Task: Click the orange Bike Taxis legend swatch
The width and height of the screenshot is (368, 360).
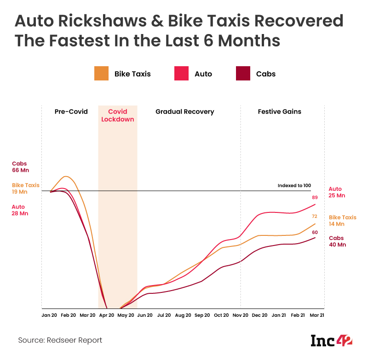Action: (x=101, y=74)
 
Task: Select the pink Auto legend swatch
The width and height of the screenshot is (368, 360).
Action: (x=181, y=74)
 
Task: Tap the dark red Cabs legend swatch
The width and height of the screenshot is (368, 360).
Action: (x=242, y=74)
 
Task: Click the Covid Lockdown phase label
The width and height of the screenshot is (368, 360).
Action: (x=118, y=115)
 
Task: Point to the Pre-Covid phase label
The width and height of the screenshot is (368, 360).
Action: (x=71, y=112)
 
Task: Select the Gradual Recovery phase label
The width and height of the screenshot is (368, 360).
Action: (x=184, y=112)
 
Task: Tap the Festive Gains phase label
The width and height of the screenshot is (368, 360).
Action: (x=279, y=112)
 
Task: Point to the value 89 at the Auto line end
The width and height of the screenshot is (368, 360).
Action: (x=315, y=197)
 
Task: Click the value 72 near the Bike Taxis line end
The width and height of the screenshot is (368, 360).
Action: (x=315, y=216)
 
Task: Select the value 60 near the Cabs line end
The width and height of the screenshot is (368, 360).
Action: (x=315, y=232)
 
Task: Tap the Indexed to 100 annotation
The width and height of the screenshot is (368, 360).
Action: (x=294, y=186)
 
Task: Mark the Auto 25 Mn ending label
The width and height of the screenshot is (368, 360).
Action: (x=336, y=192)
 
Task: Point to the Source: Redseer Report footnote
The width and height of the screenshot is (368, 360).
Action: (x=60, y=340)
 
